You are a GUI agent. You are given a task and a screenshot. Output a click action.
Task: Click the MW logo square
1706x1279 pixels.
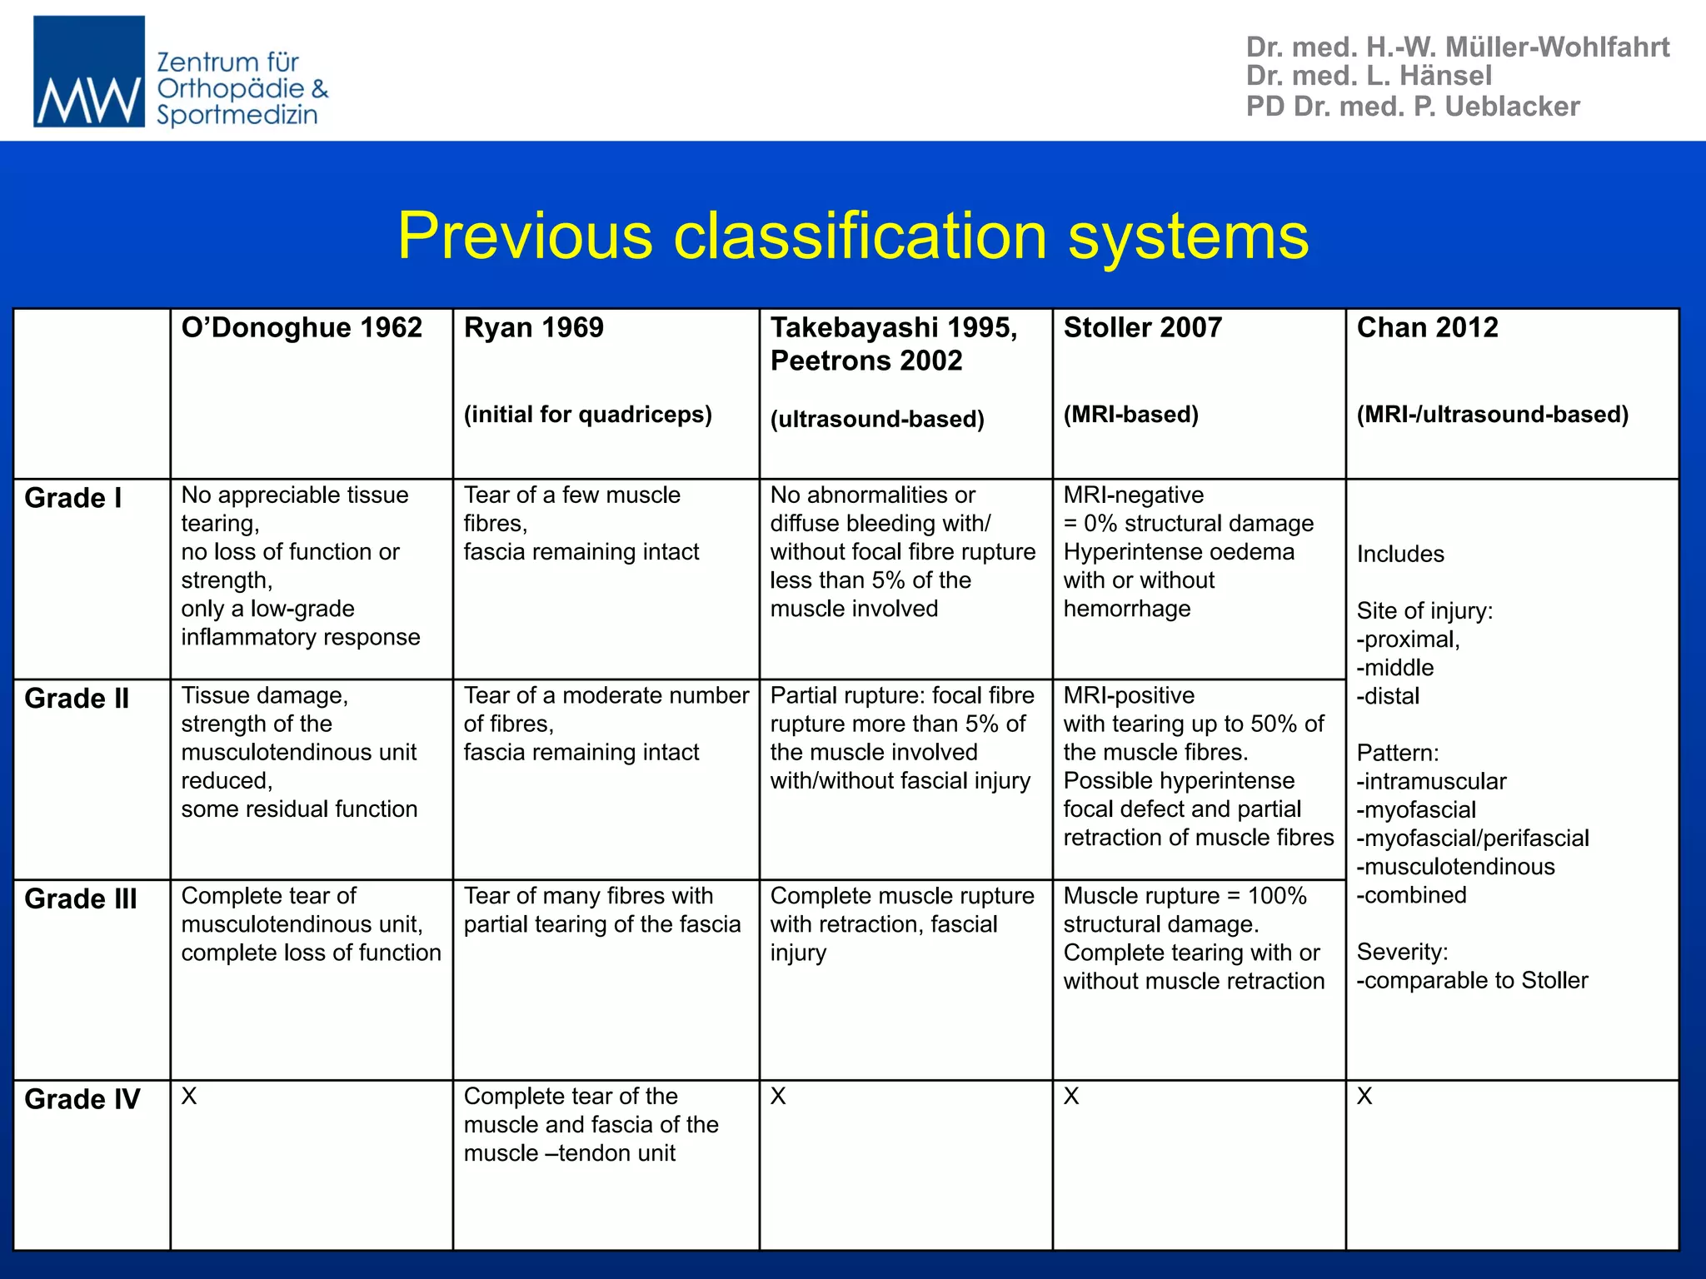pyautogui.click(x=88, y=72)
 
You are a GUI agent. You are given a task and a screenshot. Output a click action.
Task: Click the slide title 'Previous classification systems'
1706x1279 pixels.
pyautogui.click(x=853, y=236)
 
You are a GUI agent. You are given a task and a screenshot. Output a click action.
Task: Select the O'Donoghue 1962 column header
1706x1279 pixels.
pyautogui.click(x=302, y=327)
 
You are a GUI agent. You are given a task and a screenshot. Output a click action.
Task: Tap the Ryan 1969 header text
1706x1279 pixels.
pyautogui.click(x=533, y=327)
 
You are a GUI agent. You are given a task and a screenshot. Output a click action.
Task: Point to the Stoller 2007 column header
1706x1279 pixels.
pyautogui.click(x=1142, y=327)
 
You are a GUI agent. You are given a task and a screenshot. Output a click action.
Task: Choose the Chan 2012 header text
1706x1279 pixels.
pyautogui.click(x=1427, y=327)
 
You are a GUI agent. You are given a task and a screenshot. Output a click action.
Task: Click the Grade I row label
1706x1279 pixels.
pyautogui.click(x=73, y=498)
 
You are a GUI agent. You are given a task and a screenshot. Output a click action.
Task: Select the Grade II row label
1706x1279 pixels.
pyautogui.click(x=77, y=699)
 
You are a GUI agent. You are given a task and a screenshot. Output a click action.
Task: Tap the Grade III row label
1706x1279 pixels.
pyautogui.click(x=81, y=899)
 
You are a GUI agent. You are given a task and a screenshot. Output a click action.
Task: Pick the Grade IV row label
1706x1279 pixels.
pyautogui.click(x=82, y=1099)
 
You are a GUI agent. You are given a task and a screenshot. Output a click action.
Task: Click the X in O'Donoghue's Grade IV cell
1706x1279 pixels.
pyautogui.click(x=189, y=1097)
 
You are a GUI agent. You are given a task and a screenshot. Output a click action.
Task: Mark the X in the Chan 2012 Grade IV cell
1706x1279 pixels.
pyautogui.click(x=1364, y=1097)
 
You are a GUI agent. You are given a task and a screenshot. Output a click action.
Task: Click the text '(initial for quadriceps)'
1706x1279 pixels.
pyautogui.click(x=587, y=415)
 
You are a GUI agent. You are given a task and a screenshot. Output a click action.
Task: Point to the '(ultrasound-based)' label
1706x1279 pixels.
pyautogui.click(x=877, y=419)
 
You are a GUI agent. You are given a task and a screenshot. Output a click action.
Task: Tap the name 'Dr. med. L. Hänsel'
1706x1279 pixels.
pyautogui.click(x=1369, y=76)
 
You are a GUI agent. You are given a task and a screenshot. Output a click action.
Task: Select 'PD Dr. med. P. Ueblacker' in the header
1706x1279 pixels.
pyautogui.click(x=1413, y=107)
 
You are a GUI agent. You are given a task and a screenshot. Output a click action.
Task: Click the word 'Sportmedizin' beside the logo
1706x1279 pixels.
pyautogui.click(x=237, y=115)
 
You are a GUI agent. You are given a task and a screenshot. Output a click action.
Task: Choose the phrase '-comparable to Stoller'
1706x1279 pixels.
pyautogui.click(x=1472, y=980)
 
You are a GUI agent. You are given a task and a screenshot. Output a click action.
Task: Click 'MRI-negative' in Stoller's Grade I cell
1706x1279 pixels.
pyautogui.click(x=1133, y=495)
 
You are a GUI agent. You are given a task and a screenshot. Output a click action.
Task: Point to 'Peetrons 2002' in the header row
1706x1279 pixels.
pyautogui.click(x=866, y=361)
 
